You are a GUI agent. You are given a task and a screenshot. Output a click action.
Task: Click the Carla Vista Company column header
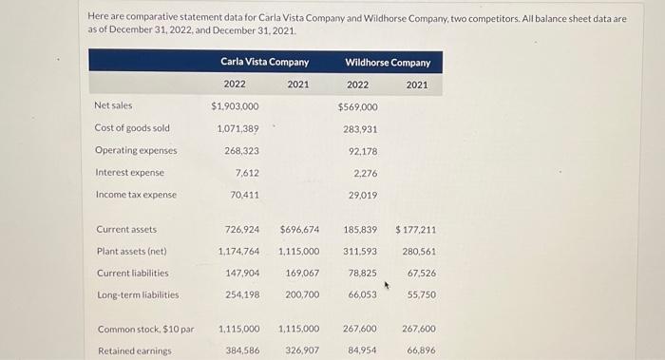pos(264,62)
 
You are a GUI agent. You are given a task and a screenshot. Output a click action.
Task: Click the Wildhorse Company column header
pos(387,63)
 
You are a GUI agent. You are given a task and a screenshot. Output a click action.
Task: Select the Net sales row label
pos(113,105)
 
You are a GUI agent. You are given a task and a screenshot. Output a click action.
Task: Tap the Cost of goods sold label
pos(132,128)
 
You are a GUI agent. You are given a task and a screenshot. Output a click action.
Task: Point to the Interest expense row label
pos(129,172)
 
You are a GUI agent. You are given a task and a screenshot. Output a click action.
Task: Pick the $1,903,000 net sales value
pos(235,106)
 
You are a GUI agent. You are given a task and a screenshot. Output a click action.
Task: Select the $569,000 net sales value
pos(357,106)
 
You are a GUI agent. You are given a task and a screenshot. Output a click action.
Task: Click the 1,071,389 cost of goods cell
pos(237,128)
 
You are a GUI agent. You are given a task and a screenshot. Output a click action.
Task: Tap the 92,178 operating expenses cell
pos(363,150)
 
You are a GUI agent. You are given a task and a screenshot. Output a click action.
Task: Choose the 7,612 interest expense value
pos(246,172)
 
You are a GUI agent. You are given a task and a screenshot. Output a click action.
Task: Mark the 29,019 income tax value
pos(363,195)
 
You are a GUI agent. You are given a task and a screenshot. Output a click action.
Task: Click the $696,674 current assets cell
pos(299,229)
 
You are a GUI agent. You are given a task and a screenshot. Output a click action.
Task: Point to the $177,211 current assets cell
pos(416,229)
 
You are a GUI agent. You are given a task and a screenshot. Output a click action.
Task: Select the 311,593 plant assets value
pos(360,251)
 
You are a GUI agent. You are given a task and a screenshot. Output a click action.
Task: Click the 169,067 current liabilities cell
pos(302,273)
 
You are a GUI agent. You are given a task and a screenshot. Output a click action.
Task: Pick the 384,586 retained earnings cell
pos(239,351)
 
